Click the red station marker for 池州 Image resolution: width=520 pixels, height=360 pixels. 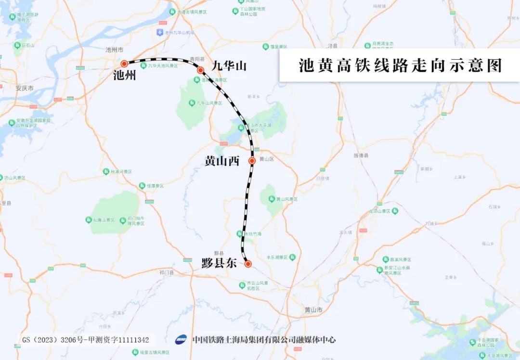[x=124, y=63]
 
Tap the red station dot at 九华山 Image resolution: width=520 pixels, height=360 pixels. [x=200, y=70]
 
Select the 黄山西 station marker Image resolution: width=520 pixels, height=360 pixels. [x=252, y=161]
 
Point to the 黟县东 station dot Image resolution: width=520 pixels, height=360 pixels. [x=248, y=264]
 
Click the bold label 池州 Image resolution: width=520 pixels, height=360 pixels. [x=125, y=76]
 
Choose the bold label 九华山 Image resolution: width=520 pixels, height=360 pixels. [x=229, y=65]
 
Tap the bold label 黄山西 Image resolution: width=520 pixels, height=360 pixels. [x=222, y=161]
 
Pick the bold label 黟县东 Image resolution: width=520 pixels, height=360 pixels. [x=219, y=263]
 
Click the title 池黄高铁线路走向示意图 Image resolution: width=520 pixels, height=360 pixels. [x=400, y=65]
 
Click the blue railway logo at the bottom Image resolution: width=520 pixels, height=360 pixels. [x=181, y=340]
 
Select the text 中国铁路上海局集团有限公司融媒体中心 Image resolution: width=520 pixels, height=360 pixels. [x=264, y=340]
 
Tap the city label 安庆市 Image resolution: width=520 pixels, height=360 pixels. [x=25, y=89]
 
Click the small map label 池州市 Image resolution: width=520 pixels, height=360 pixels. [x=115, y=50]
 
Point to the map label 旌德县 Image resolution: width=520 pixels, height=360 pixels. [x=361, y=155]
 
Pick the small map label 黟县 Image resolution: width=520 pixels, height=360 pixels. [x=219, y=253]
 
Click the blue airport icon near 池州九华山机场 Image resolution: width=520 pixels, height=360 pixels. [x=160, y=32]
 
